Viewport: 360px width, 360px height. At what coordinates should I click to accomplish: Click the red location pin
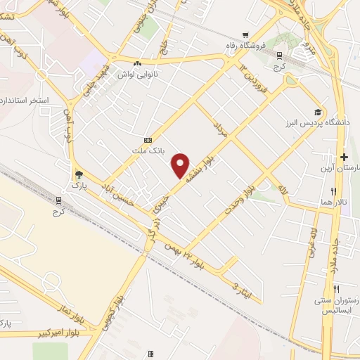(x=181, y=165)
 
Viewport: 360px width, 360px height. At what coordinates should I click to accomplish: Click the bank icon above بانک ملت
(x=148, y=140)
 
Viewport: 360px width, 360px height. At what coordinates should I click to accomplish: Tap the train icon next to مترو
(x=281, y=55)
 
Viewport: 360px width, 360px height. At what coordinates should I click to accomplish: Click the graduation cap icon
(x=318, y=112)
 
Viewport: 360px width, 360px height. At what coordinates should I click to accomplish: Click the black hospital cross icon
(x=344, y=157)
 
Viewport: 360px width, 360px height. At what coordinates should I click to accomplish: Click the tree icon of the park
(x=78, y=174)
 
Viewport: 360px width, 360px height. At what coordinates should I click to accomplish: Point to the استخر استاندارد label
(x=25, y=101)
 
